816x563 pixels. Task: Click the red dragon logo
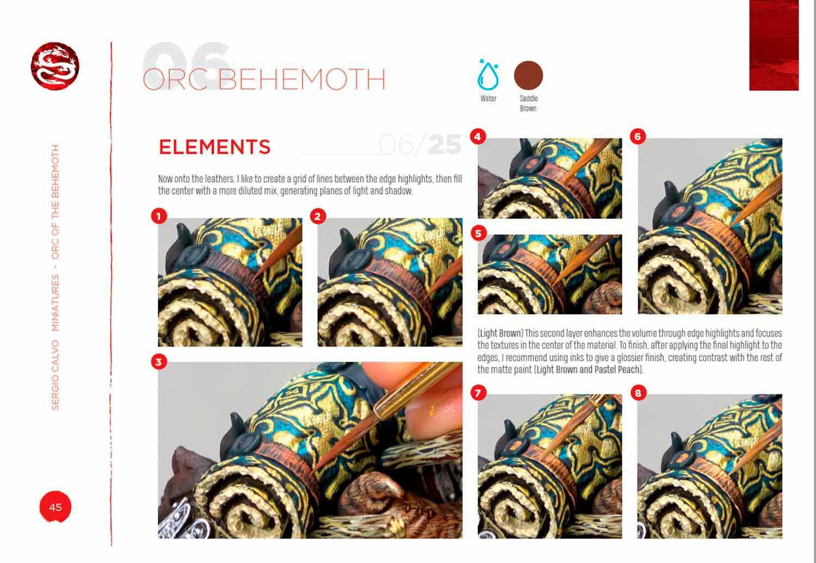(55, 66)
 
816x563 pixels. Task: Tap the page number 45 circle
(55, 506)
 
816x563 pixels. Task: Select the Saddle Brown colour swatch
(528, 76)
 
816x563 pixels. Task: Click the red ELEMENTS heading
(214, 147)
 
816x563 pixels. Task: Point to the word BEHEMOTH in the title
(301, 79)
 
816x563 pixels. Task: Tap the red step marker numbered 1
(159, 216)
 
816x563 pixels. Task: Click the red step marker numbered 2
(318, 216)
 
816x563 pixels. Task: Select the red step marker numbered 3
(159, 362)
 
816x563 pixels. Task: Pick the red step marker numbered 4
(478, 137)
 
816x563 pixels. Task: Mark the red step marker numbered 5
(478, 233)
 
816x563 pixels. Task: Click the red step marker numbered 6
(638, 137)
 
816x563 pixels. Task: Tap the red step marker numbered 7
(478, 393)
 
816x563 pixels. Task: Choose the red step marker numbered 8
(638, 393)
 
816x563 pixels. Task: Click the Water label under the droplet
(488, 98)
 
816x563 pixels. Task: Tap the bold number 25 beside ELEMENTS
(445, 145)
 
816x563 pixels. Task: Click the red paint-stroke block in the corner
(774, 45)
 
